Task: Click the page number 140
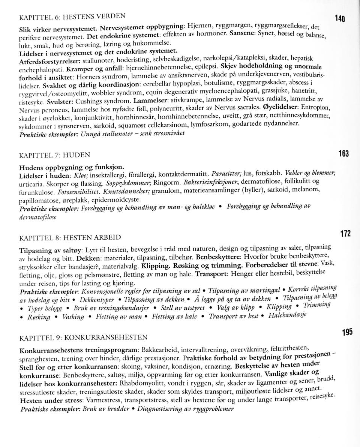pos(339,19)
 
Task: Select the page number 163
pos(343,154)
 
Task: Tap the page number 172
pos(345,234)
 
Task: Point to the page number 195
pos(347,332)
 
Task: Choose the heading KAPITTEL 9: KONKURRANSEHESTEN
pos(83,337)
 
